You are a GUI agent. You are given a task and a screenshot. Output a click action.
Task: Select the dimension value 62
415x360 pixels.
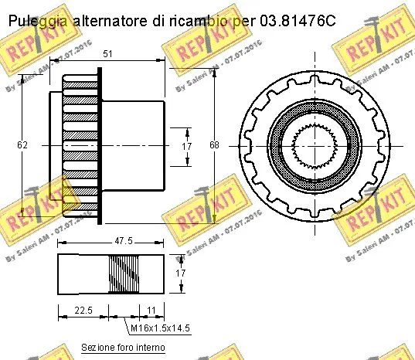click(22, 144)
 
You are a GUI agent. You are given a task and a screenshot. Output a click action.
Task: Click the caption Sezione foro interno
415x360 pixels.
click(124, 348)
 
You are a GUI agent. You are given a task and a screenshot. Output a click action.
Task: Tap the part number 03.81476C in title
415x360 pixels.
click(298, 20)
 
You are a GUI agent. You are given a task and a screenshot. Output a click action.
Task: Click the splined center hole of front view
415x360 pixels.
click(316, 144)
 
